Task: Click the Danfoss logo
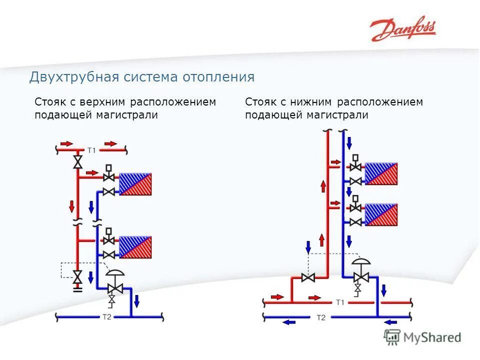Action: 402,30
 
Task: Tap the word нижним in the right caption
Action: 308,102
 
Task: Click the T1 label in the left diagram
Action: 91,149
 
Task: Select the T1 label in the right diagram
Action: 340,302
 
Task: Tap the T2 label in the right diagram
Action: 321,317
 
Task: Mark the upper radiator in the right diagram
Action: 381,173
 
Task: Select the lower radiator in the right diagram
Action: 381,214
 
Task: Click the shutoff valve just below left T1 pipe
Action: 78,162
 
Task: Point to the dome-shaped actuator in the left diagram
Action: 116,273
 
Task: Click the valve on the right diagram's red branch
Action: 308,277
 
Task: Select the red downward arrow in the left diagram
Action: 72,205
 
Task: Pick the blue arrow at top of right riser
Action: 349,142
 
